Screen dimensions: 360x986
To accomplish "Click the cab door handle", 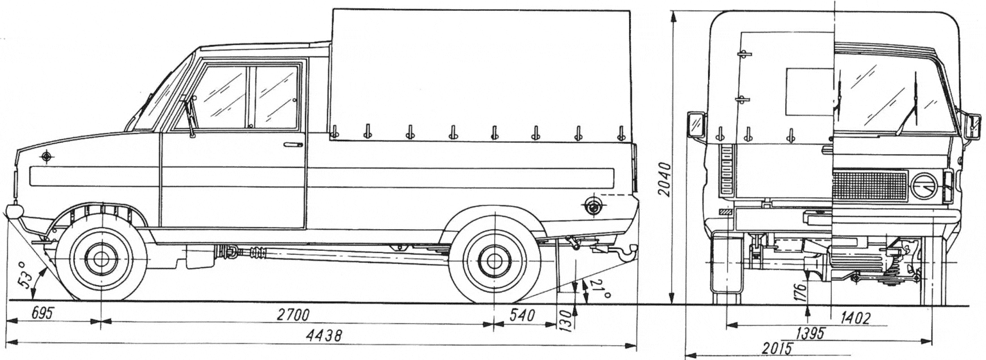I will tap(293, 145).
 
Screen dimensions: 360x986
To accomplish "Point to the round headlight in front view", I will tap(924, 186).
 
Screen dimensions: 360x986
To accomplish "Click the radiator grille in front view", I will tap(869, 185).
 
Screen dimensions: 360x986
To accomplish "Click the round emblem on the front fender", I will tap(47, 157).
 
